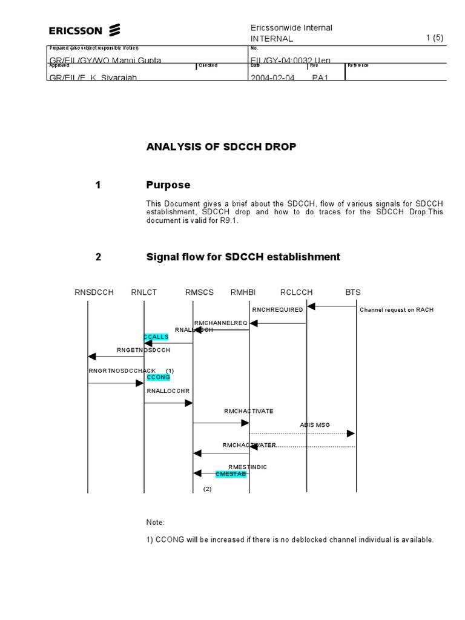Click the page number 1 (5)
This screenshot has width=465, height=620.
coord(435,38)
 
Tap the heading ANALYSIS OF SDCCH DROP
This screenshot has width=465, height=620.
coord(221,147)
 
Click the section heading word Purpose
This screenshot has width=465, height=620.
coord(168,185)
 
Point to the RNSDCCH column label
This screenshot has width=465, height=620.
coord(94,292)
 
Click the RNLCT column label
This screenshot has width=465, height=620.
coord(144,292)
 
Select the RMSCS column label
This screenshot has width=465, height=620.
coord(199,292)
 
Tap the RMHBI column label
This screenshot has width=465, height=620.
coord(243,292)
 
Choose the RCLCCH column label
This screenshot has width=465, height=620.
coord(297,292)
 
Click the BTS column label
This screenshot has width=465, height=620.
coord(353,292)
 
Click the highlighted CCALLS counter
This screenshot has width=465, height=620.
coord(156,337)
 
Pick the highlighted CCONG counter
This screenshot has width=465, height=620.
coord(158,377)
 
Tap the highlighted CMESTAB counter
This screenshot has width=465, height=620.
coord(231,474)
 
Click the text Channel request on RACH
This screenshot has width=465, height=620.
coord(397,310)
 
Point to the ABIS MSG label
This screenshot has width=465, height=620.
coord(315,425)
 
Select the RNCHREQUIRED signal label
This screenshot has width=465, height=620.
coord(277,310)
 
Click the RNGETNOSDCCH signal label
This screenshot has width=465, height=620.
coord(143,350)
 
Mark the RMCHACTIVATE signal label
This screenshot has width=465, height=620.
coord(248,411)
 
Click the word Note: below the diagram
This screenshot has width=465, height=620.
coord(156,522)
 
